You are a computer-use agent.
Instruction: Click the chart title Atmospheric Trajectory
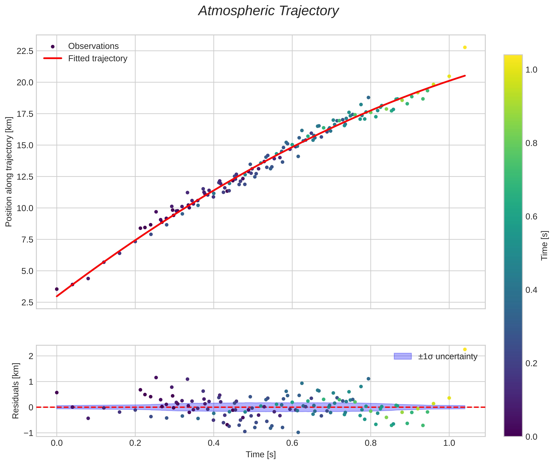[x=269, y=11]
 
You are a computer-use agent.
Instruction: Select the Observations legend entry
[x=93, y=46]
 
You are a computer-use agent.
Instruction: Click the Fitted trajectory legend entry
[x=98, y=58]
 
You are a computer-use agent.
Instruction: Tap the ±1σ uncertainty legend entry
[x=447, y=357]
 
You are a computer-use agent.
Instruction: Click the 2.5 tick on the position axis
[x=27, y=302]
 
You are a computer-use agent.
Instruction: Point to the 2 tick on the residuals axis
[x=31, y=356]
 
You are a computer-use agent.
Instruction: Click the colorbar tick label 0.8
[x=531, y=143]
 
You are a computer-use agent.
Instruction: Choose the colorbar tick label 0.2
[x=531, y=363]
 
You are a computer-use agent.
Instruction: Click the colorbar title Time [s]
[x=545, y=246]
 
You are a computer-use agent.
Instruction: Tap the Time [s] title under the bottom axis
[x=261, y=454]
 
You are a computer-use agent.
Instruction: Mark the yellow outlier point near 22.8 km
[x=465, y=48]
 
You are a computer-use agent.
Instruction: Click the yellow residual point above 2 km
[x=465, y=349]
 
